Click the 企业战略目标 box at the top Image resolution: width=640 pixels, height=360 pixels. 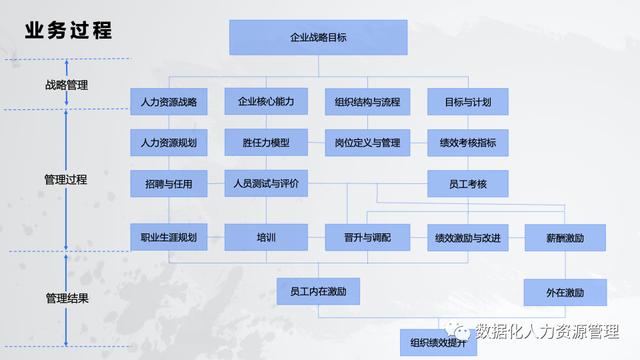point(318,37)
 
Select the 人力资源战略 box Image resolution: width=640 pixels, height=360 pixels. point(169,102)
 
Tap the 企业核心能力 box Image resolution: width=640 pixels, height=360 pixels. point(266,102)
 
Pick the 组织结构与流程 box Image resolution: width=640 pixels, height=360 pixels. point(367,102)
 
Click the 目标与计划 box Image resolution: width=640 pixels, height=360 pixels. point(467,102)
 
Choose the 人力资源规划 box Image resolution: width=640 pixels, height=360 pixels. point(169,143)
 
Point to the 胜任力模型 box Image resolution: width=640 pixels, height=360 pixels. point(266,143)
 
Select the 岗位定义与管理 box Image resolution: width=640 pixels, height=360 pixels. point(367,143)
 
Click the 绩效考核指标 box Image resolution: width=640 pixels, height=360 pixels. point(467,143)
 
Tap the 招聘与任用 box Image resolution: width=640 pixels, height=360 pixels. point(169,185)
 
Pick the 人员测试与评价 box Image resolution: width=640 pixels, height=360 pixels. point(266,185)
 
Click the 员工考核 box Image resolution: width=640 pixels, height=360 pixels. point(467,185)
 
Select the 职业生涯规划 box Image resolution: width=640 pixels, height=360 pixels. point(169,238)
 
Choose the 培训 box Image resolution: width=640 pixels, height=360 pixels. point(266,238)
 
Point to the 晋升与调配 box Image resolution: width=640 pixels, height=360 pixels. point(367,238)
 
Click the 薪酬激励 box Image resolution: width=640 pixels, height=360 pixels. point(565,238)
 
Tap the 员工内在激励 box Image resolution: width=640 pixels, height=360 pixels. point(318,292)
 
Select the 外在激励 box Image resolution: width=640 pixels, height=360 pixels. point(565,292)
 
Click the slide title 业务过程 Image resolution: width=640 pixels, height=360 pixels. point(69,31)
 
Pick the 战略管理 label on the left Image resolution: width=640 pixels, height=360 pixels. point(67,85)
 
